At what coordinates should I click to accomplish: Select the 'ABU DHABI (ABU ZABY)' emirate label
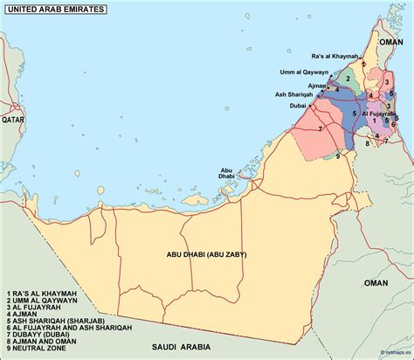pyautogui.click(x=206, y=254)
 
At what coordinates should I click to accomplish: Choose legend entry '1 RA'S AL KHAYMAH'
pyautogui.click(x=41, y=293)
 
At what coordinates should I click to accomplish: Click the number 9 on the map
pyautogui.click(x=337, y=156)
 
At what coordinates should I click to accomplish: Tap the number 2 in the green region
pyautogui.click(x=348, y=78)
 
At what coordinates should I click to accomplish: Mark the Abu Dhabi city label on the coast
pyautogui.click(x=226, y=173)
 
